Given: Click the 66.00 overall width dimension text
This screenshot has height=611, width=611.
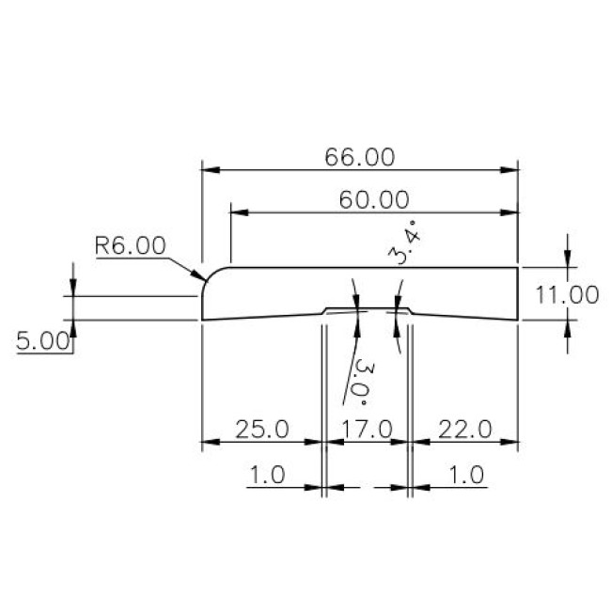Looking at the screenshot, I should pyautogui.click(x=359, y=157).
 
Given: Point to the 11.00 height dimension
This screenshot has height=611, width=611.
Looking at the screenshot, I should pyautogui.click(x=567, y=294).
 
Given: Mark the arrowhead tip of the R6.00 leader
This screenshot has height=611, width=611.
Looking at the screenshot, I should pyautogui.click(x=205, y=279).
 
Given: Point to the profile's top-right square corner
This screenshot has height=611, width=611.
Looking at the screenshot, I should pyautogui.click(x=518, y=267).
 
